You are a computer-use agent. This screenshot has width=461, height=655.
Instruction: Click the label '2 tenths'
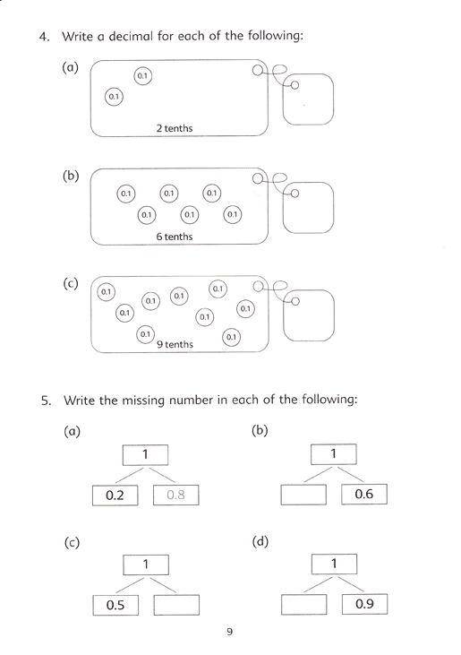coord(175,128)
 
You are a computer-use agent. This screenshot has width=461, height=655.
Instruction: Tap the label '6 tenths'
coord(175,237)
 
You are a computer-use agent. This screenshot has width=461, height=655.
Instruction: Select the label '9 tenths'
coord(175,344)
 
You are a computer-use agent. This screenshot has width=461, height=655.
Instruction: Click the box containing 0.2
coord(115,496)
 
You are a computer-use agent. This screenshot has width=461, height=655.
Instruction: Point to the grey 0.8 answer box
coord(176,495)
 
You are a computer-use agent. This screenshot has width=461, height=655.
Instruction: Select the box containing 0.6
coord(364,495)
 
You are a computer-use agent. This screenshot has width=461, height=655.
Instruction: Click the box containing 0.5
coord(115,606)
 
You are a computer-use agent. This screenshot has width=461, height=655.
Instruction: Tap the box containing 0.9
coord(364,604)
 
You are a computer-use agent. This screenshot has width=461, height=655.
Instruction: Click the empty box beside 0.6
coord(303,495)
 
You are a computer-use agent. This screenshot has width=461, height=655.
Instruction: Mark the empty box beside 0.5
coord(176,605)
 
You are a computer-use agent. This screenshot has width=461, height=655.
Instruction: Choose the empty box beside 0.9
coord(304,605)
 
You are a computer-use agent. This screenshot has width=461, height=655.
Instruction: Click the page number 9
coord(230,632)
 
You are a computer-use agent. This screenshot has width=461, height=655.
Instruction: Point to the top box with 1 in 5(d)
coord(334,565)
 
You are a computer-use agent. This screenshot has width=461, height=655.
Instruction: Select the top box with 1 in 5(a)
coord(146,455)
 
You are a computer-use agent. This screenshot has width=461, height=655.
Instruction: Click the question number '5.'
coord(46,401)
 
